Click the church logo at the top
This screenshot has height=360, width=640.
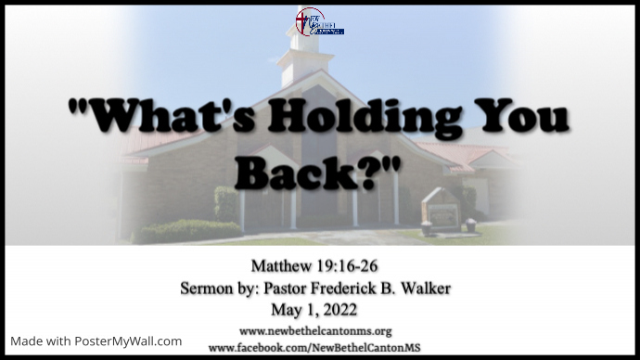(x=319, y=21)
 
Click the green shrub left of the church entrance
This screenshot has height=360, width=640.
(x=225, y=203)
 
